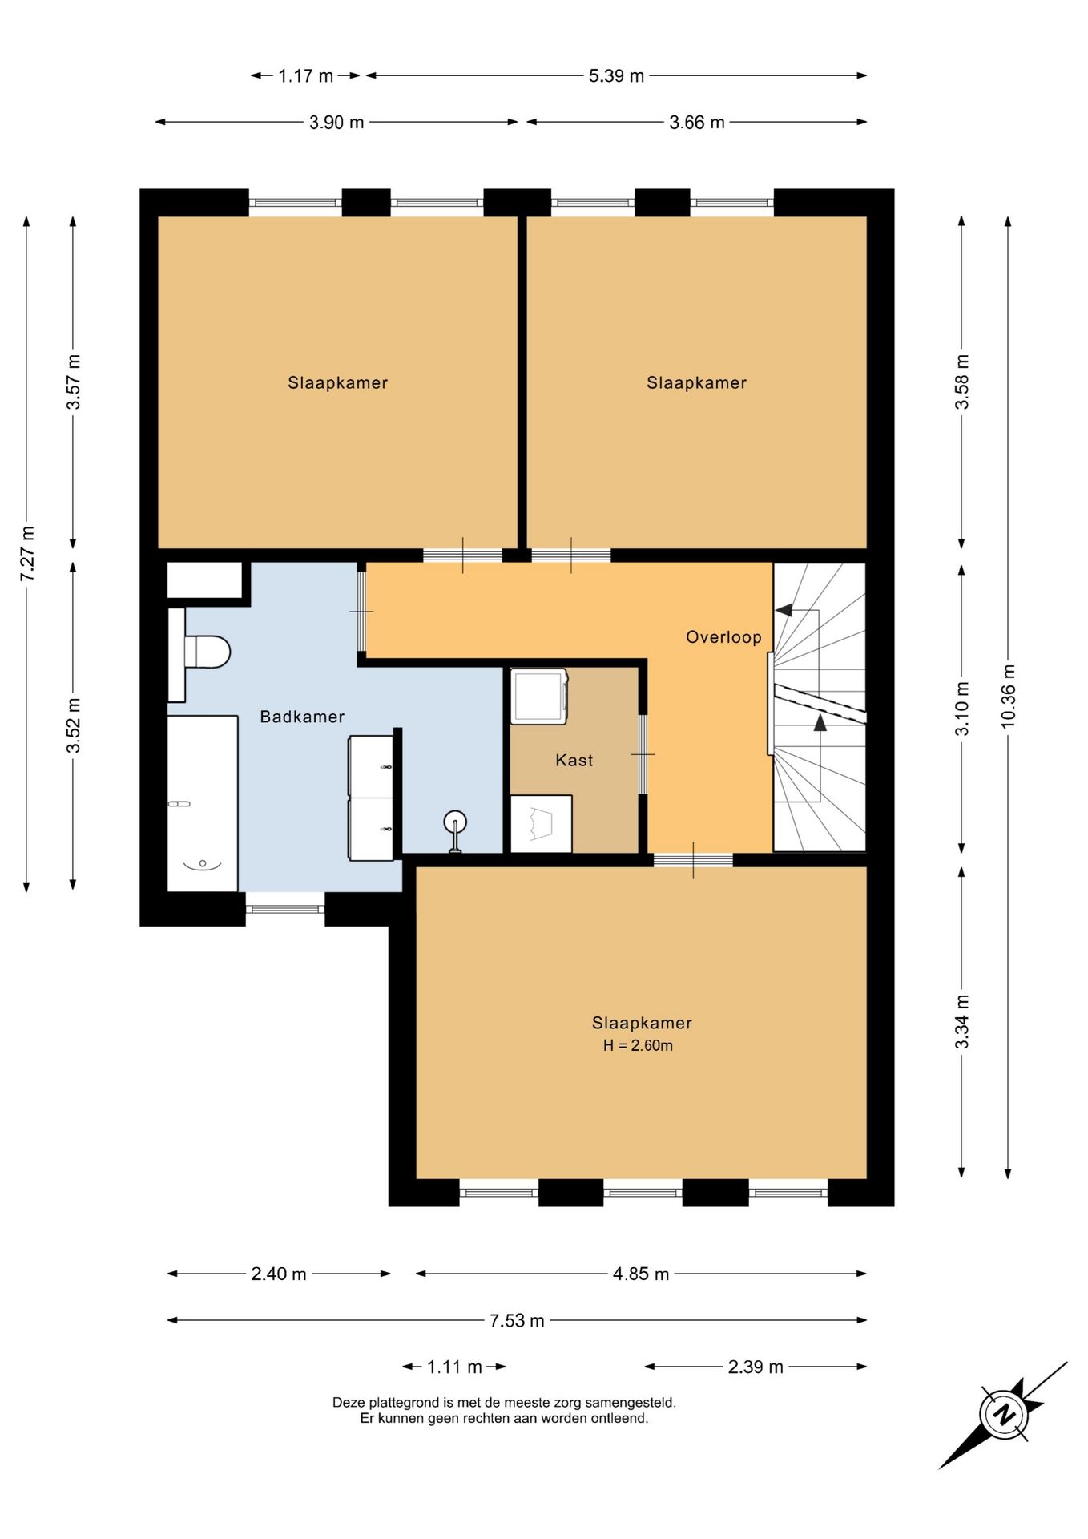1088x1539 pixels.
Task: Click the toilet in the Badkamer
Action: pos(200,652)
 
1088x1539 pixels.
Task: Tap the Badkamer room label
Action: pos(302,717)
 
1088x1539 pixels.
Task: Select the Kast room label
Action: pos(574,760)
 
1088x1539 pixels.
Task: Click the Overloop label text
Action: pos(723,637)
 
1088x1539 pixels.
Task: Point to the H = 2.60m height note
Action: pos(638,1045)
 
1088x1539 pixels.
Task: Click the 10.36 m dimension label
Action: pos(1008,697)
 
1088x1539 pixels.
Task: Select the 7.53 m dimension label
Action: pos(517,1320)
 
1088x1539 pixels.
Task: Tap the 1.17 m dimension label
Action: pos(305,76)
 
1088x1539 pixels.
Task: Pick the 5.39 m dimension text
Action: pos(616,76)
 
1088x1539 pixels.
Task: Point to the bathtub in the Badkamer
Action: pos(203,803)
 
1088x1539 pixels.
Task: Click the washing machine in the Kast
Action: pos(539,697)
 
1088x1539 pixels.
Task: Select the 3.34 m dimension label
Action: pos(961,1022)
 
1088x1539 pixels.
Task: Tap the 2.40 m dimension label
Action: pos(279,1274)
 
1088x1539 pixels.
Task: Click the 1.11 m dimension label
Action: pos(454,1367)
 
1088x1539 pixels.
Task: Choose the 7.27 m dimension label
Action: pos(27,554)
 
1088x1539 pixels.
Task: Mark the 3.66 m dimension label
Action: pos(697,123)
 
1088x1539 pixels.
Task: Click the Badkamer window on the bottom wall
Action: pos(285,909)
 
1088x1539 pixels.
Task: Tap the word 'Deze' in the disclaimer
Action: pos(349,1403)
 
